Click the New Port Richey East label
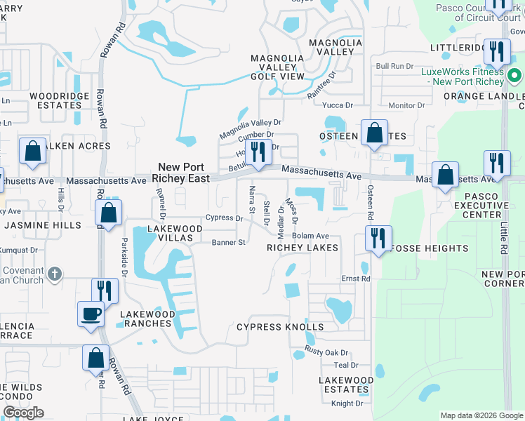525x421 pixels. coord(184,173)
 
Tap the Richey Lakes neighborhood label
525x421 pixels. coord(303,248)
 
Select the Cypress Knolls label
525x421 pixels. coord(280,327)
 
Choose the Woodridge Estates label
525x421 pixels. coord(60,100)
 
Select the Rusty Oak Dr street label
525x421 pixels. coord(326,352)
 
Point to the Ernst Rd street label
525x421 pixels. coord(356,279)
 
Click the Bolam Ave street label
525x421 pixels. coord(311,236)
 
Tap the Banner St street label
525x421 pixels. coord(228,243)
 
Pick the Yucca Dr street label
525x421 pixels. coord(337,105)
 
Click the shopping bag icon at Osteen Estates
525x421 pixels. coord(374,131)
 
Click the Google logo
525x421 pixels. coord(23,413)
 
